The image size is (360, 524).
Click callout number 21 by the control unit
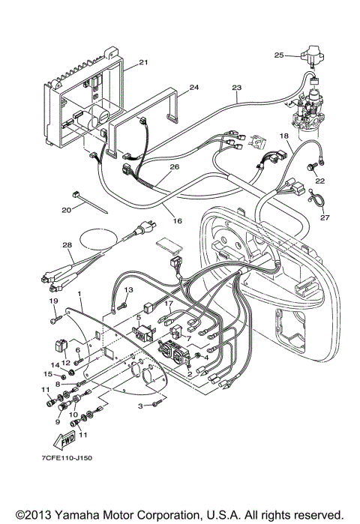click(x=143, y=62)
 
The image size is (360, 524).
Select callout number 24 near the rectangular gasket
click(x=194, y=87)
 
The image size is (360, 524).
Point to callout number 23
click(x=236, y=87)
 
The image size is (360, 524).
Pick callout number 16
click(x=178, y=221)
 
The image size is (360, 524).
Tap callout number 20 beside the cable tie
click(x=65, y=211)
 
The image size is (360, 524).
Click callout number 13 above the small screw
click(x=128, y=289)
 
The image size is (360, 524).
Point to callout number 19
click(x=53, y=301)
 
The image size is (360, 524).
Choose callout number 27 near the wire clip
click(x=324, y=218)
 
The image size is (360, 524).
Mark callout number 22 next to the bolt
click(x=320, y=181)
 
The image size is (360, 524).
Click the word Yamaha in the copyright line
click(x=79, y=515)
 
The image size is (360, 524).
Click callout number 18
click(x=284, y=136)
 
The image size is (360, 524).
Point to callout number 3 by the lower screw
click(x=139, y=406)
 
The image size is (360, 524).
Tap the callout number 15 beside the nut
click(x=46, y=374)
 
